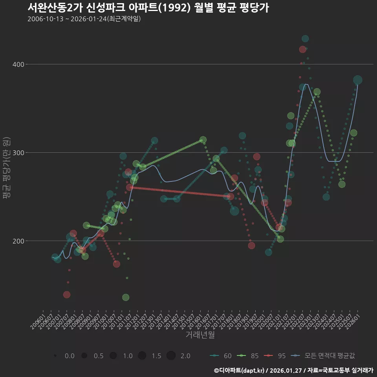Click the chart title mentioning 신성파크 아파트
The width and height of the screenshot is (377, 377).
(148, 7)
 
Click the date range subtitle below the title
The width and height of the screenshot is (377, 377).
(84, 19)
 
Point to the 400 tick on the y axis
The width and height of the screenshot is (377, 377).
(19, 64)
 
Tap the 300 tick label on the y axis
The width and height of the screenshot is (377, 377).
(19, 152)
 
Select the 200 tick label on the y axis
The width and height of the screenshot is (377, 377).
(19, 241)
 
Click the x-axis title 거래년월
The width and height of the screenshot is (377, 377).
(200, 335)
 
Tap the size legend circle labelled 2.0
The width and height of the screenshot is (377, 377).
(171, 356)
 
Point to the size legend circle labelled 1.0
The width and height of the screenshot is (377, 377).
(113, 356)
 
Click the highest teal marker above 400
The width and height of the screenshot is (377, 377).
(305, 38)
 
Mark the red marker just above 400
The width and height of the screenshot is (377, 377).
(302, 49)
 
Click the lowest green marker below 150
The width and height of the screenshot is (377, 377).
(126, 297)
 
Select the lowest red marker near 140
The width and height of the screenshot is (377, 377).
(67, 295)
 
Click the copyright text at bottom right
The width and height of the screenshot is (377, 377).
(293, 370)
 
